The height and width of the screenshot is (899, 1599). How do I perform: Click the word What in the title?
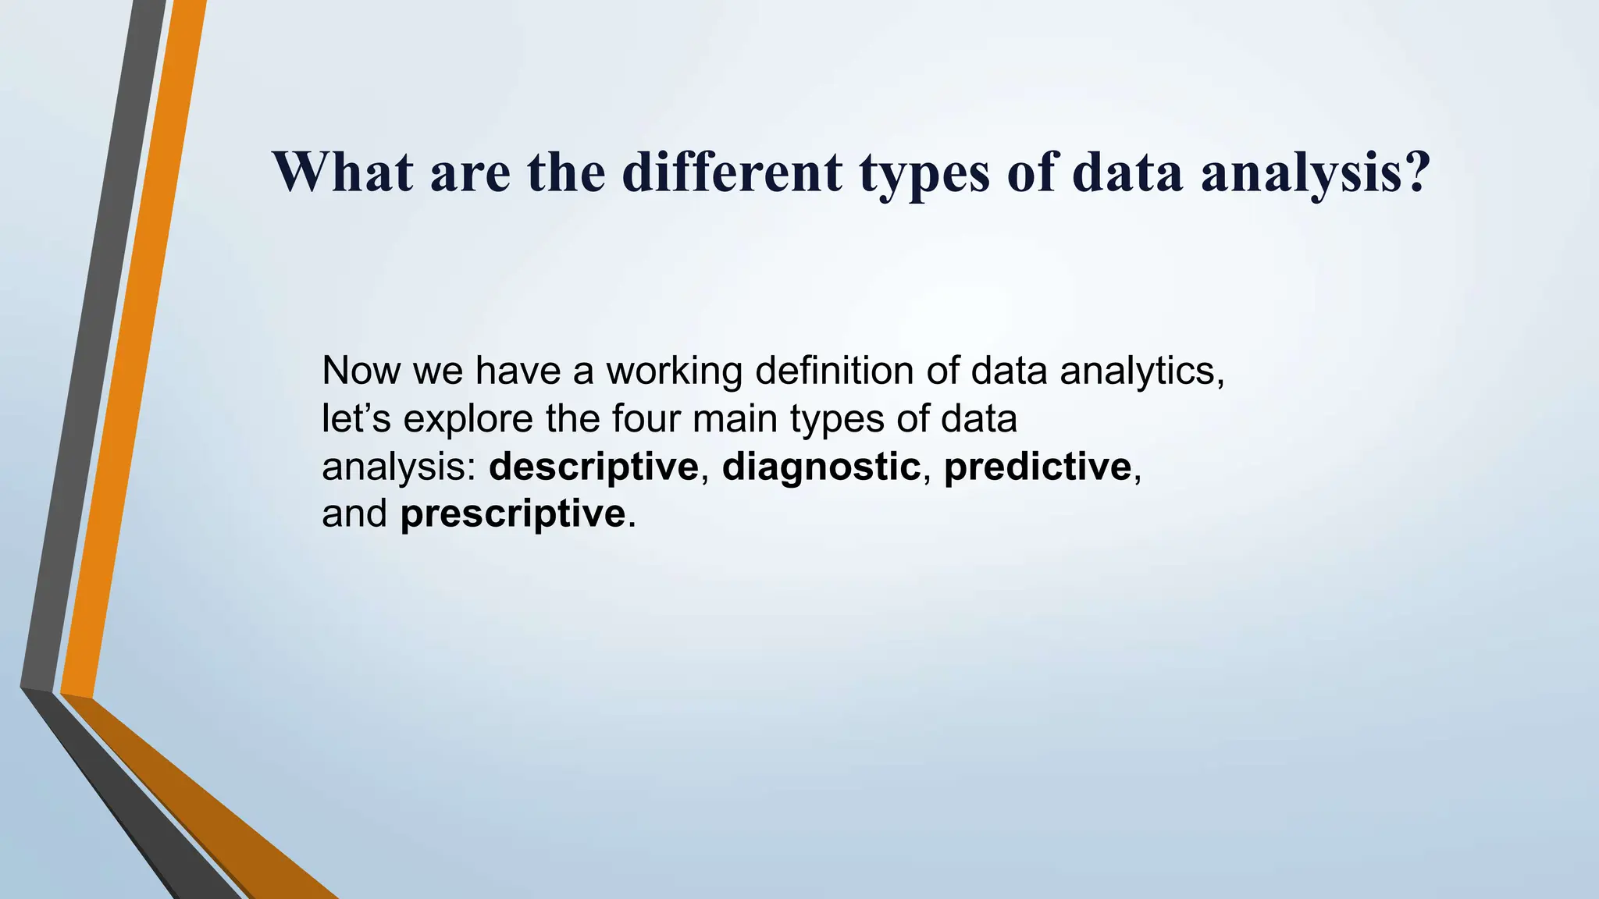[x=342, y=172]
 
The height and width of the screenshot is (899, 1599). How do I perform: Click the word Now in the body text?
[x=360, y=371]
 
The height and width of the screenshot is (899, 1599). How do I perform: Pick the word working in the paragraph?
[x=674, y=372]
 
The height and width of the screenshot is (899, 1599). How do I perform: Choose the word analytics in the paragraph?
[x=1141, y=372]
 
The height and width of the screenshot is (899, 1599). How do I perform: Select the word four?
[x=645, y=418]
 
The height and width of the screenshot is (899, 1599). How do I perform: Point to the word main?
[x=735, y=418]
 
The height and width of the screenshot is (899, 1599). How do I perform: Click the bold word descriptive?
[x=593, y=467]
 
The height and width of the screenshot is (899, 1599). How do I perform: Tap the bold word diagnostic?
[x=821, y=467]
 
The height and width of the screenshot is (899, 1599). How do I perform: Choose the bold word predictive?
[x=1037, y=467]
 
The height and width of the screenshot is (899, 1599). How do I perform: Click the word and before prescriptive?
[x=354, y=514]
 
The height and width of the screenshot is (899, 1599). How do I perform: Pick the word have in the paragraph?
[x=518, y=371]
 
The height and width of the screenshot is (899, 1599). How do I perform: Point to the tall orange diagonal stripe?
[x=133, y=351]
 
